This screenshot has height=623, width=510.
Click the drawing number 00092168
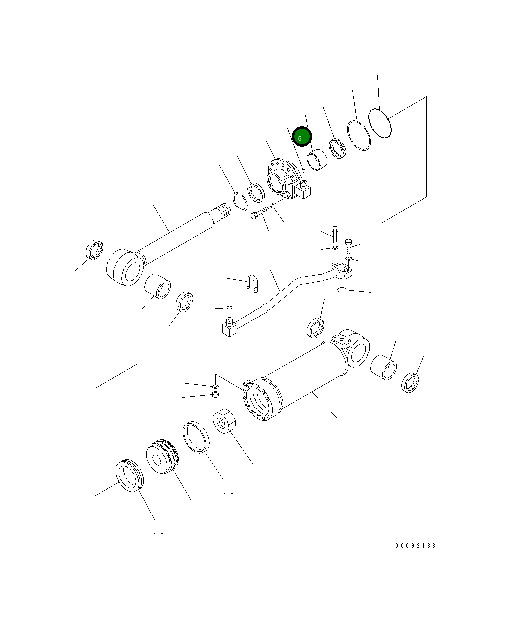coord(415,545)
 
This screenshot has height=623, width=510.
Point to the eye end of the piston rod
coord(125,268)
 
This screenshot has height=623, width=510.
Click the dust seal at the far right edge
coord(411,382)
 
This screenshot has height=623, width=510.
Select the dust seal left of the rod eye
coord(94,250)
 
